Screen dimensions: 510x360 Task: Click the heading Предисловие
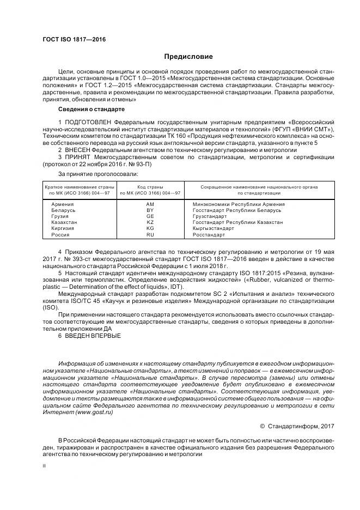[x=188, y=57]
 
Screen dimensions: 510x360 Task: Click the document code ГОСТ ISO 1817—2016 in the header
[x=74, y=40]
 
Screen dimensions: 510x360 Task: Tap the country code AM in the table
[x=151, y=204]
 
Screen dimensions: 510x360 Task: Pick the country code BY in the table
[x=151, y=210]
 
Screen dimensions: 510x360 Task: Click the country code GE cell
[x=151, y=216]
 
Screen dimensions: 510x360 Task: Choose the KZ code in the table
[x=151, y=222]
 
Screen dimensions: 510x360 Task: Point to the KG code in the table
[x=151, y=228]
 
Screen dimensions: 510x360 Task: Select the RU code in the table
[x=151, y=234]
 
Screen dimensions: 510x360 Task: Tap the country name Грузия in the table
[x=59, y=216]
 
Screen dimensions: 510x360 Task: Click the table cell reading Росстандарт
[x=209, y=234]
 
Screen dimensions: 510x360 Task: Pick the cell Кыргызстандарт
[x=213, y=228]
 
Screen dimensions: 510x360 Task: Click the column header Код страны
[x=150, y=187]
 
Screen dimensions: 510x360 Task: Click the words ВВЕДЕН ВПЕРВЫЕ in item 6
[x=93, y=335]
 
